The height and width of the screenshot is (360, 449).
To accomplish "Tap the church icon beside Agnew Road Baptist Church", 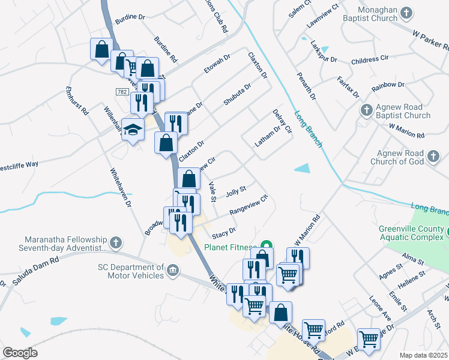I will pyautogui.click(x=366, y=109).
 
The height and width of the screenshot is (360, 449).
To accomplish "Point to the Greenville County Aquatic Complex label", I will pyautogui.click(x=412, y=233).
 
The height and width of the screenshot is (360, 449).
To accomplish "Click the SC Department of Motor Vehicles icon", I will pyautogui.click(x=173, y=271).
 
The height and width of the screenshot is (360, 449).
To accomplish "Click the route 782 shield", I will pyautogui.click(x=122, y=91).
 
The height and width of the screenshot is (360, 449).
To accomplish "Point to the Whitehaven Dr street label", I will pyautogui.click(x=121, y=187).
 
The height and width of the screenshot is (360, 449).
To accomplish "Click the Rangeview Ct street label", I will pyautogui.click(x=248, y=205).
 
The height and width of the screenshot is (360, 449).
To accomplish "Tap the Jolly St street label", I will pyautogui.click(x=235, y=191).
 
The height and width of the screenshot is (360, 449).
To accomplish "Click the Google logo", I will pyautogui.click(x=20, y=353).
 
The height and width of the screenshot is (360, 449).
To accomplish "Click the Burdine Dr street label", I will pyautogui.click(x=130, y=18).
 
